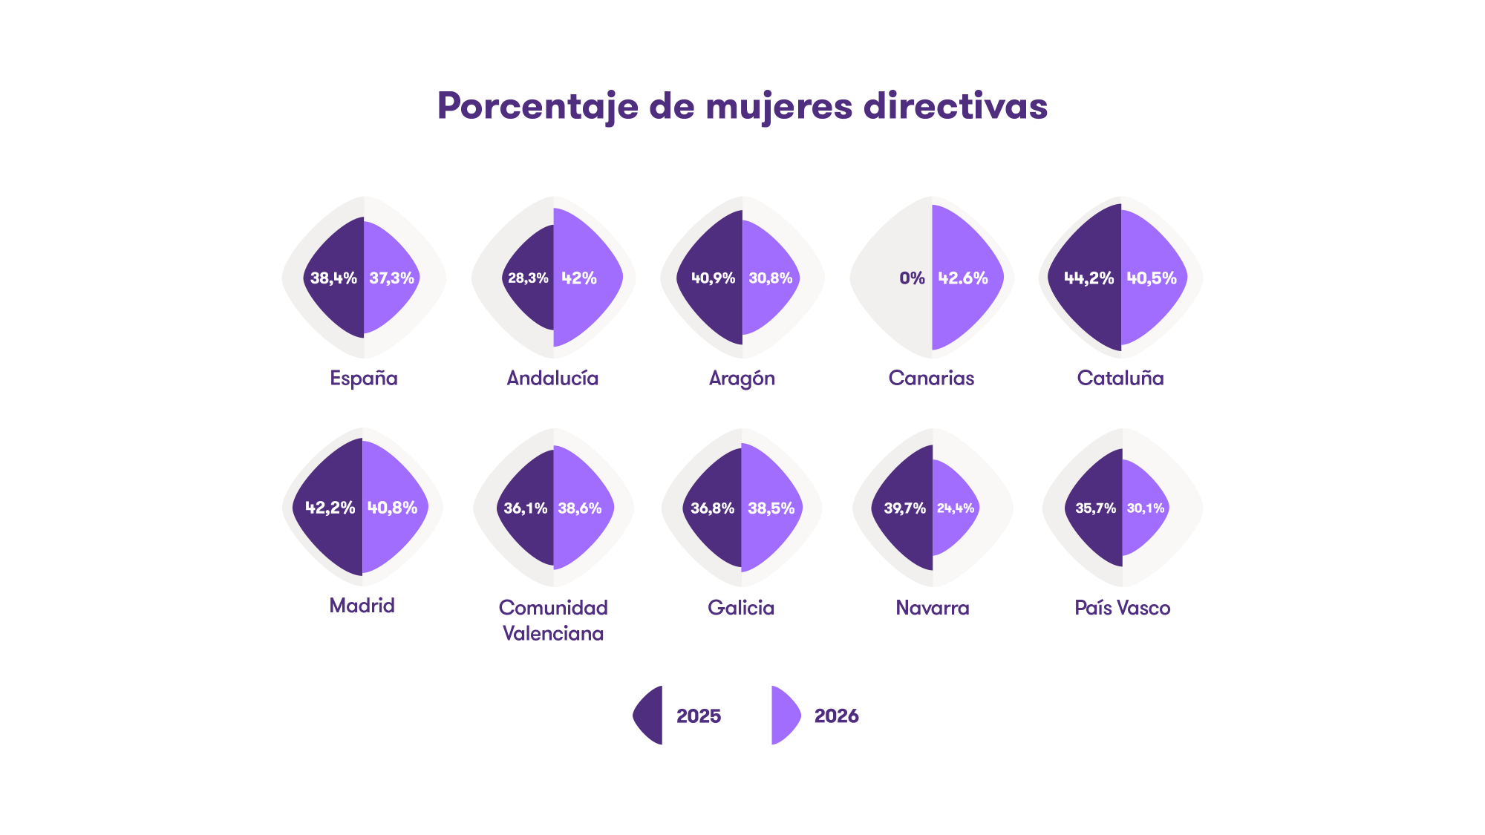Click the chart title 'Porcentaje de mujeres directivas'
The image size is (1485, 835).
742,106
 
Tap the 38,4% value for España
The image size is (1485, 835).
333,278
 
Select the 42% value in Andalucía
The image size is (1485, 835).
579,278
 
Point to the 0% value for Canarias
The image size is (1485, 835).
912,278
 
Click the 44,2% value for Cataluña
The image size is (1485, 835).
1089,278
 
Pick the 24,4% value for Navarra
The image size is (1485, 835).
956,508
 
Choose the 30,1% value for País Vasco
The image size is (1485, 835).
1146,508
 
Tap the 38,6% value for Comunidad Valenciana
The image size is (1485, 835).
580,508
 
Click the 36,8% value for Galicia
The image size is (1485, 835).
712,508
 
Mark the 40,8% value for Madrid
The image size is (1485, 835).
393,508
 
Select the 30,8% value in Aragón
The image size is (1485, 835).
771,278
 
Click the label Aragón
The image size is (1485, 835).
742,379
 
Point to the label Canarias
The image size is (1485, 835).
931,379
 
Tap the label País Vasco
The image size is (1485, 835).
1123,608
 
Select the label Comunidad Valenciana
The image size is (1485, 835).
553,620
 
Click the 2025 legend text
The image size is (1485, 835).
699,716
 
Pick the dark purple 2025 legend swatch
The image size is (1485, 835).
649,716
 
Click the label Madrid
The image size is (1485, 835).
362,606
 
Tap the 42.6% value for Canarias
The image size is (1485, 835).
963,278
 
